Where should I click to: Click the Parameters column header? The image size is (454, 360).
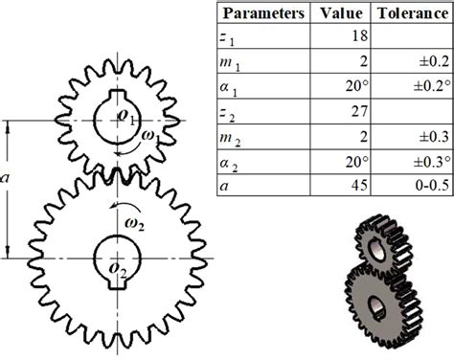click(x=261, y=14)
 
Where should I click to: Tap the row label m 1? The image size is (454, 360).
click(x=231, y=62)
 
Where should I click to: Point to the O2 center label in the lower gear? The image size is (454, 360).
click(x=117, y=272)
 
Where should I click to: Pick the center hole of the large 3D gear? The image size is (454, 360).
click(x=380, y=308)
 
